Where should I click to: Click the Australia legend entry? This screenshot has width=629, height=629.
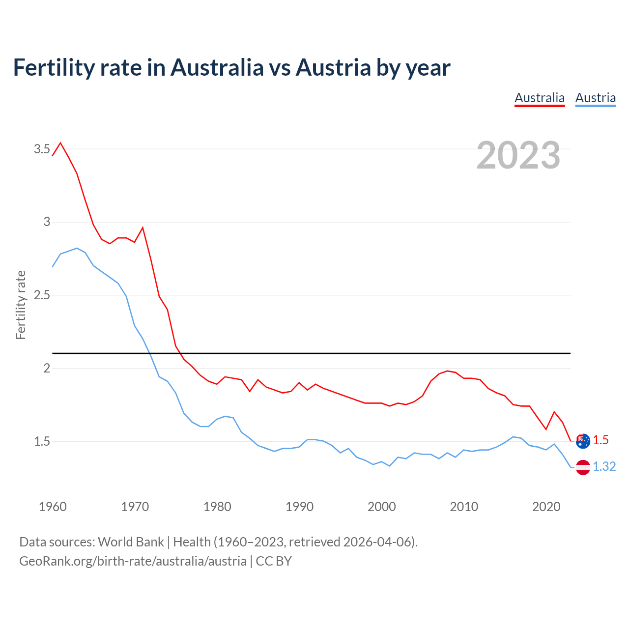pyautogui.click(x=540, y=98)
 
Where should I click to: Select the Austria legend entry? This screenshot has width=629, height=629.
pyautogui.click(x=595, y=98)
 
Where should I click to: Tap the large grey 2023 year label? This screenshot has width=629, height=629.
pyautogui.click(x=518, y=155)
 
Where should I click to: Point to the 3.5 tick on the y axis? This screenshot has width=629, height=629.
pyautogui.click(x=42, y=149)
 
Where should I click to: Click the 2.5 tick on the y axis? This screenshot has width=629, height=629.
pyautogui.click(x=42, y=295)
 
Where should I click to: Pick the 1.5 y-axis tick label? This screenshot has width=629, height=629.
pyautogui.click(x=42, y=441)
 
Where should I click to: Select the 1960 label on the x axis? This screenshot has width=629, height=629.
pyautogui.click(x=53, y=507)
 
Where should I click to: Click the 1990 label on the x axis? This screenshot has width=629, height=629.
pyautogui.click(x=299, y=507)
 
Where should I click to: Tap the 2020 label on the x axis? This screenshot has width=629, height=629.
pyautogui.click(x=546, y=507)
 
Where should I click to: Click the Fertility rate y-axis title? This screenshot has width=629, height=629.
pyautogui.click(x=21, y=305)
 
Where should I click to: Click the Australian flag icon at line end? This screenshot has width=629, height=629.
pyautogui.click(x=583, y=441)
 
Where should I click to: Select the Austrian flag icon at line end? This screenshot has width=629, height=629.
pyautogui.click(x=583, y=467)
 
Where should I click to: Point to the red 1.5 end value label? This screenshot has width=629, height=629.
pyautogui.click(x=600, y=440)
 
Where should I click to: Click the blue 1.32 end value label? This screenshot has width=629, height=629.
pyautogui.click(x=604, y=466)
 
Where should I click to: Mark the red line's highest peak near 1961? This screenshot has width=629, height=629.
pyautogui.click(x=60, y=143)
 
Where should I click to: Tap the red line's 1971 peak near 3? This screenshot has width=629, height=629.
pyautogui.click(x=143, y=228)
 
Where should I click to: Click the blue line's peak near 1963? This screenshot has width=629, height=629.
pyautogui.click(x=77, y=248)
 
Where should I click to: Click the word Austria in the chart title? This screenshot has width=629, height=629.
pyautogui.click(x=333, y=67)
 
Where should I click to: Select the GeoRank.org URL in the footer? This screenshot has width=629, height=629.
pyautogui.click(x=133, y=561)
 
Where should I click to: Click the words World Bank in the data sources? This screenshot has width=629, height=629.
pyautogui.click(x=131, y=542)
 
